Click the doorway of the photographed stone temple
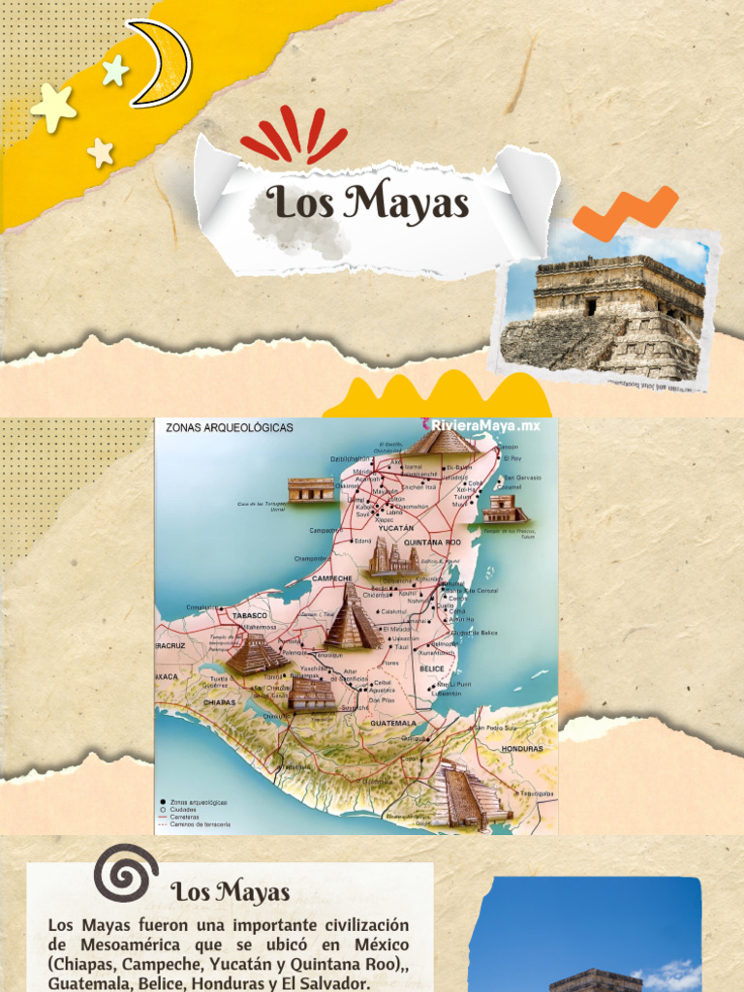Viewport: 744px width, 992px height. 591,306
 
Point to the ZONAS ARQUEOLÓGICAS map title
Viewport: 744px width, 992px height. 230,427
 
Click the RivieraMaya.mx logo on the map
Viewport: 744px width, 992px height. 480,425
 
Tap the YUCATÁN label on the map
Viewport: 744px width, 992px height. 396,528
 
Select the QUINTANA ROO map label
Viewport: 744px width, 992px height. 432,542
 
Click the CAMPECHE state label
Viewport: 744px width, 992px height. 332,577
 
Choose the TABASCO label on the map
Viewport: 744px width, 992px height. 249,615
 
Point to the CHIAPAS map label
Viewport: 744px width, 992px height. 221,702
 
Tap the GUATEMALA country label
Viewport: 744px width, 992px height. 393,723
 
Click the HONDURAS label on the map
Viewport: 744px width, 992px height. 522,749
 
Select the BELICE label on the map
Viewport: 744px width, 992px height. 431,668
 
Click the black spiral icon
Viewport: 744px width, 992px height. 127,872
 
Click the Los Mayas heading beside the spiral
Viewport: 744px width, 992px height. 231,891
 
